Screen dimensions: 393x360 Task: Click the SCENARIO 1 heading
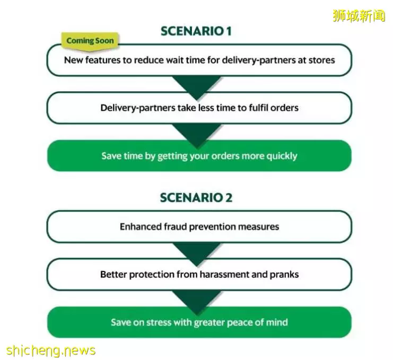click(x=196, y=31)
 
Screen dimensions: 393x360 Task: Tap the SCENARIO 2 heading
click(x=196, y=198)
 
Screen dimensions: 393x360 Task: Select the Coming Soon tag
click(x=90, y=41)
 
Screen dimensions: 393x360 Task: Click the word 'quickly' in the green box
click(x=282, y=156)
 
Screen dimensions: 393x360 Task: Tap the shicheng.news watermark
click(x=51, y=350)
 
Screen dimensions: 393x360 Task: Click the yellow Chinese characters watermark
click(x=359, y=16)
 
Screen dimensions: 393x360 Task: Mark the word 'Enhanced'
click(x=141, y=226)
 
